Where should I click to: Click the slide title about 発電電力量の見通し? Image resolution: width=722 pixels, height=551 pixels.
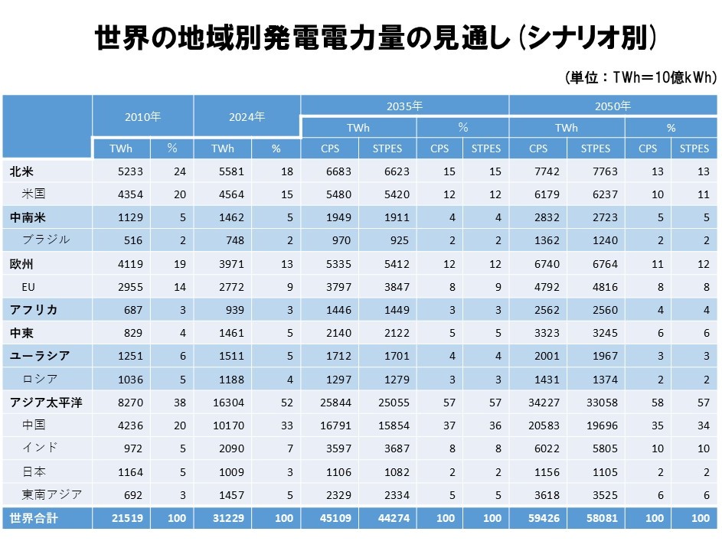click(x=375, y=37)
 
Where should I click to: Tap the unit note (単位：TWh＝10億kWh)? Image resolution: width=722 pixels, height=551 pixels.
click(x=640, y=78)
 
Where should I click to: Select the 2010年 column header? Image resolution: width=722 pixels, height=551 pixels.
click(x=143, y=117)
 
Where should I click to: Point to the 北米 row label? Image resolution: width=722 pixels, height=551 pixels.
click(x=21, y=172)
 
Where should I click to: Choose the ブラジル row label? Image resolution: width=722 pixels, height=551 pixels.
click(x=46, y=240)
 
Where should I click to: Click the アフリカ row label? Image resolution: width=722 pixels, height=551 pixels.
click(x=34, y=310)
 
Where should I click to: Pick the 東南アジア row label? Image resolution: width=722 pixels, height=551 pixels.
click(x=52, y=494)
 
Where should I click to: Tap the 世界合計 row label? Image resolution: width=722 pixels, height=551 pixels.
click(x=34, y=519)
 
